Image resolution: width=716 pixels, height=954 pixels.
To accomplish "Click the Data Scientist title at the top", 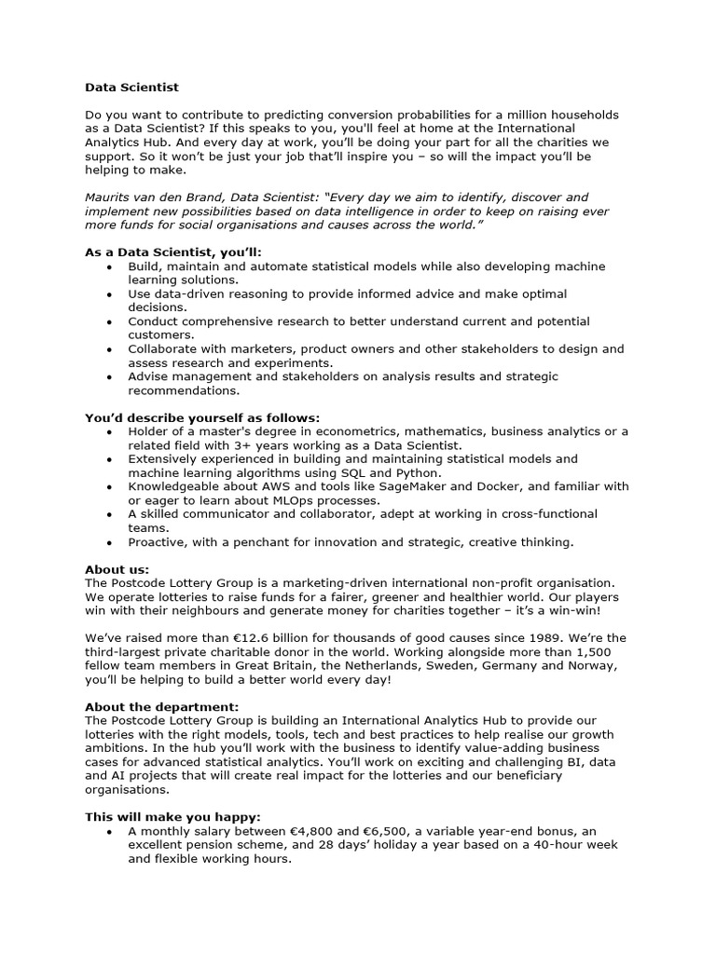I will coord(131,87).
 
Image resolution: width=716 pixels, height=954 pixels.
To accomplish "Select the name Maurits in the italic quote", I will coord(109,197).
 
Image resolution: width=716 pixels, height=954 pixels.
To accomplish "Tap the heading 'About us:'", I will coord(117,569).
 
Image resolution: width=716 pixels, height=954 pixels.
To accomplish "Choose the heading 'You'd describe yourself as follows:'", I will coord(202,417).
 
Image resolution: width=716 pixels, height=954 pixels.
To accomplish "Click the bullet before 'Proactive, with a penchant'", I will coord(110,541).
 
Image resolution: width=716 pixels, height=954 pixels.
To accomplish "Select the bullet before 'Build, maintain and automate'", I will coord(110,266).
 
